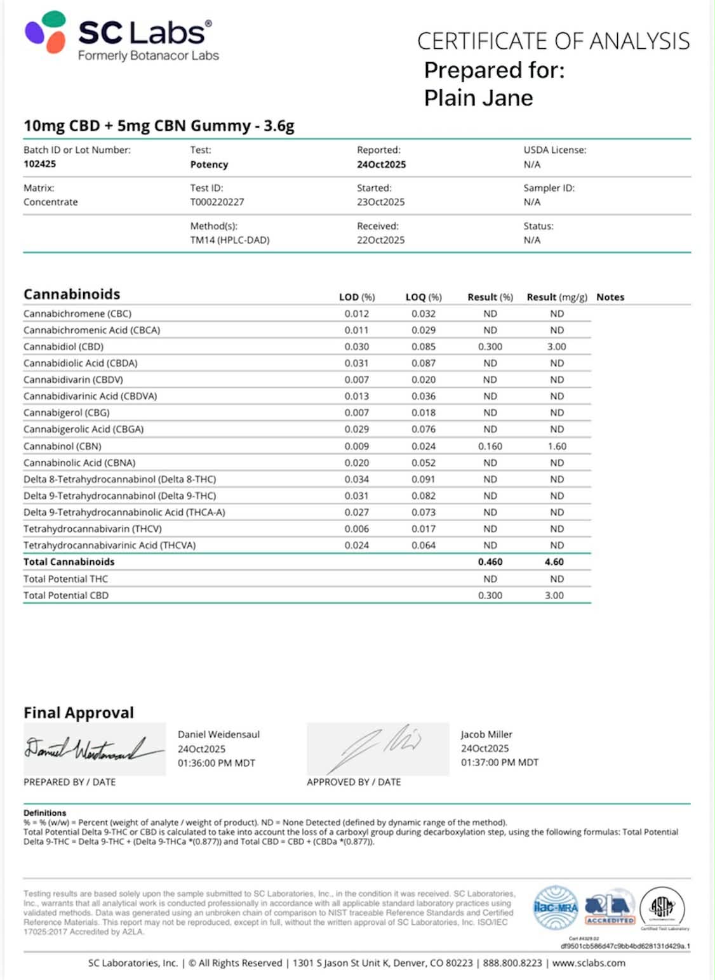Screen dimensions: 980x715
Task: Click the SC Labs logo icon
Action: pos(45,32)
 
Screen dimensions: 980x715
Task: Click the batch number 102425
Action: pos(39,164)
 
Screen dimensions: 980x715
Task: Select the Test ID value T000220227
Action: pos(217,202)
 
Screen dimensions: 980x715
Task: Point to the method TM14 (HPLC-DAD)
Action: pos(230,240)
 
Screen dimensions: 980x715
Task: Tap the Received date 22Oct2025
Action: pos(380,240)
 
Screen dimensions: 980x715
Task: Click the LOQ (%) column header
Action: pos(424,297)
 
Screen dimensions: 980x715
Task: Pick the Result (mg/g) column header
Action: pos(557,297)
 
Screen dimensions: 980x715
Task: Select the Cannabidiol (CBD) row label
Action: pos(63,347)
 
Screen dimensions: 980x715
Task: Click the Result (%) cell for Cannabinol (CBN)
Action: pos(490,446)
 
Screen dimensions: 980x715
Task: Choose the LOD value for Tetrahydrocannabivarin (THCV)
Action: pos(356,529)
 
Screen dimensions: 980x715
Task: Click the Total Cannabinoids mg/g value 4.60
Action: pos(554,562)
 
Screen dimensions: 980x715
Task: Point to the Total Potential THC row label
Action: pos(65,579)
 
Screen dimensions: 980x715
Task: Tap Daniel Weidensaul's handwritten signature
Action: pos(92,750)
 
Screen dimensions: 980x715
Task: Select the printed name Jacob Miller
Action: pos(486,734)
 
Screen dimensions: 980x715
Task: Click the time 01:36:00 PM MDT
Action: pos(216,763)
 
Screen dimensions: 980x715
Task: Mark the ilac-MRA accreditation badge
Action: pos(556,908)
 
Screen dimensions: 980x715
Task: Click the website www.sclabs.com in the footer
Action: pos(589,963)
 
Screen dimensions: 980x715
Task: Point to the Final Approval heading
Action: pos(79,713)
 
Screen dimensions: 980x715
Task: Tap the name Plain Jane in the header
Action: pos(478,98)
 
